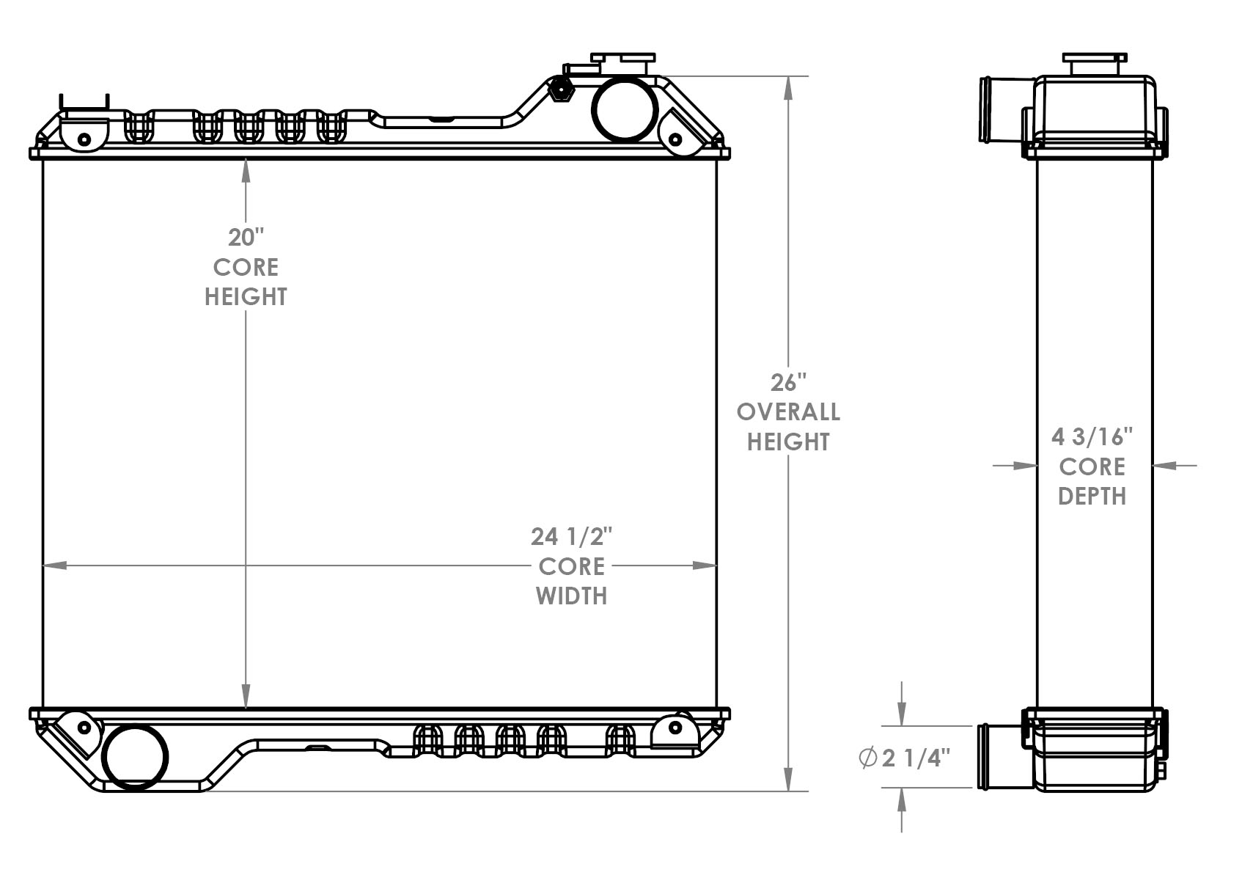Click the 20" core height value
click(245, 238)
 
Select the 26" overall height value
click(788, 383)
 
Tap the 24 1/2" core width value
click(571, 537)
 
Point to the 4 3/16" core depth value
click(1092, 437)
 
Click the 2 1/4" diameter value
click(916, 758)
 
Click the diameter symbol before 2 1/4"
click(868, 758)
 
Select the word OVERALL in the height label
click(788, 412)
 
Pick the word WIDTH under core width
click(571, 596)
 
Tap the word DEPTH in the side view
click(1092, 497)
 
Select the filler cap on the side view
click(1093, 63)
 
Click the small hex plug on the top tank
click(560, 90)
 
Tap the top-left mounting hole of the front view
click(84, 139)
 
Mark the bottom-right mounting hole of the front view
click(675, 728)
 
